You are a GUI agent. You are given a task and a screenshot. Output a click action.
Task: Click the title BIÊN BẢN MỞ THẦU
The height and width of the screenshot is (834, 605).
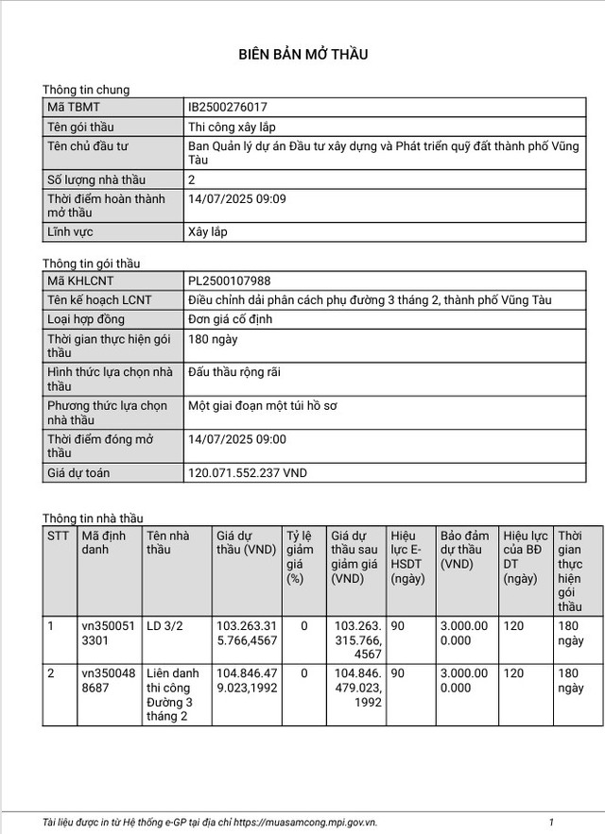coord(302,55)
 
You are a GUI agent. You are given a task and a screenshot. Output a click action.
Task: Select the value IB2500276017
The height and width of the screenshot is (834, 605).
coord(229,108)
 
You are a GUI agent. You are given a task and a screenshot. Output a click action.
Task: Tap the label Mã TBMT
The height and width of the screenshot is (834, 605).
coord(74,108)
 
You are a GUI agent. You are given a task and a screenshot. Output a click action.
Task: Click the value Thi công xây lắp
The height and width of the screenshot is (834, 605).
coord(233,127)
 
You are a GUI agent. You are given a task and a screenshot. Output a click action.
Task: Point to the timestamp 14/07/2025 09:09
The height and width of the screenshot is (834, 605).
coord(237,199)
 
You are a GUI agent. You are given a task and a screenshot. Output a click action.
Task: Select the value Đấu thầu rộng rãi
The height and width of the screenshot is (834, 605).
coord(235,373)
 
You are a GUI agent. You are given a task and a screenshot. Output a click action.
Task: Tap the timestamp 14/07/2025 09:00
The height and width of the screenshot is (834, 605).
coord(237,439)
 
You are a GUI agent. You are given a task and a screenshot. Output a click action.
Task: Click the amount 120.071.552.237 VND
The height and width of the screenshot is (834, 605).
coord(248,472)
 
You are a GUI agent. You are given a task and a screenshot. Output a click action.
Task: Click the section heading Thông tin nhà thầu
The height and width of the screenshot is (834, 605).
coord(93,519)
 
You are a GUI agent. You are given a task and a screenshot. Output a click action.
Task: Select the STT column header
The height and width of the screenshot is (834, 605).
coord(59,535)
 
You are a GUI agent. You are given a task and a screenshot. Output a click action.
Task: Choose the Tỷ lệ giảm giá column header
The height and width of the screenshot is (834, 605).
coord(301,556)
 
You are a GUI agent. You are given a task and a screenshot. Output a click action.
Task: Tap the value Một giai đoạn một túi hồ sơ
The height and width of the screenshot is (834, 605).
coord(263,406)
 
